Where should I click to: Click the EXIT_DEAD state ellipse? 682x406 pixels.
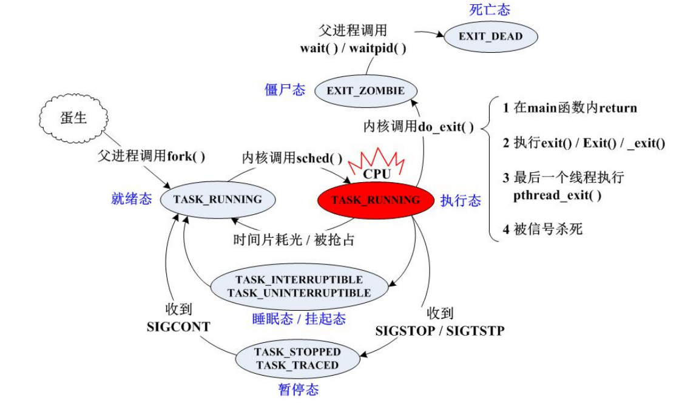490,36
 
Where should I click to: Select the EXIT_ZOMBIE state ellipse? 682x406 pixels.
365,91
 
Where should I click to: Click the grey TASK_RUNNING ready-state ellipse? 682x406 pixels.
217,199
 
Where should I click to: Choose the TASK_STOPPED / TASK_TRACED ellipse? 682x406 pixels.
297,359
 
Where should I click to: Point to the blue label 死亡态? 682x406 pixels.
490,9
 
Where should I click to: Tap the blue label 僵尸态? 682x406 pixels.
285,90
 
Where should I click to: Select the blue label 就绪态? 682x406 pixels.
131,199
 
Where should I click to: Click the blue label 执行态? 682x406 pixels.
461,201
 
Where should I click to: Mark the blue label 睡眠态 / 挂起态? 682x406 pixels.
299,319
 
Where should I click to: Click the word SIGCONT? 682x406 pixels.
178,326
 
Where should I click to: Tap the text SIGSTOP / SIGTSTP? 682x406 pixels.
440,331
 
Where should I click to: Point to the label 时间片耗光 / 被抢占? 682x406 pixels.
294,240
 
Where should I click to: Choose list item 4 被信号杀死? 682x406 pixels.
542,230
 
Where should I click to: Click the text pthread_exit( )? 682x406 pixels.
557,195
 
